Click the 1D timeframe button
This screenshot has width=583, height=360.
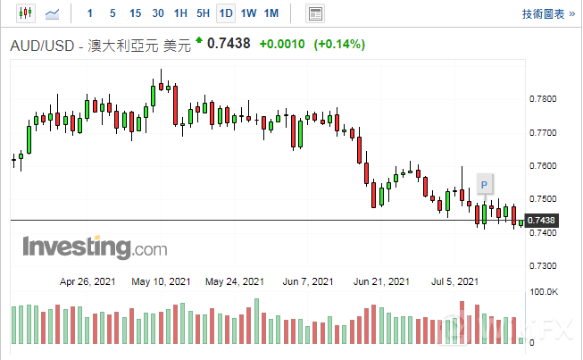[x=226, y=13]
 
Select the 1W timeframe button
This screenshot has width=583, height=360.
[x=249, y=13]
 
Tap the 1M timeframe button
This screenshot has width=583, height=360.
[x=271, y=13]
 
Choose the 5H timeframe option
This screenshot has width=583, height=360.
[x=203, y=13]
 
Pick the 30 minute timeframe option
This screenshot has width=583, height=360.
[x=158, y=13]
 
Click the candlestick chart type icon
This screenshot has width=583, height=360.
[x=24, y=13]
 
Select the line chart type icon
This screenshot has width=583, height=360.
[x=53, y=13]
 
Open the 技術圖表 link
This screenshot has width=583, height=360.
[x=543, y=13]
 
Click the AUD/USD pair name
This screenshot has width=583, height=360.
[x=44, y=45]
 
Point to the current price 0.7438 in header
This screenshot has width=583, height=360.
[x=229, y=44]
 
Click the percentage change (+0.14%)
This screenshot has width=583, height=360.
[x=339, y=44]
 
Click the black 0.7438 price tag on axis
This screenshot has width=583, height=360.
[x=541, y=221]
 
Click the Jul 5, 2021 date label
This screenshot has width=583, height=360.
[x=454, y=280]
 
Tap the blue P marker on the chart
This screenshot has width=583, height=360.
[x=485, y=184]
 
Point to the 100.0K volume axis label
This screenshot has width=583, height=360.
[x=544, y=292]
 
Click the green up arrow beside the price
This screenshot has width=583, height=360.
[x=199, y=40]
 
